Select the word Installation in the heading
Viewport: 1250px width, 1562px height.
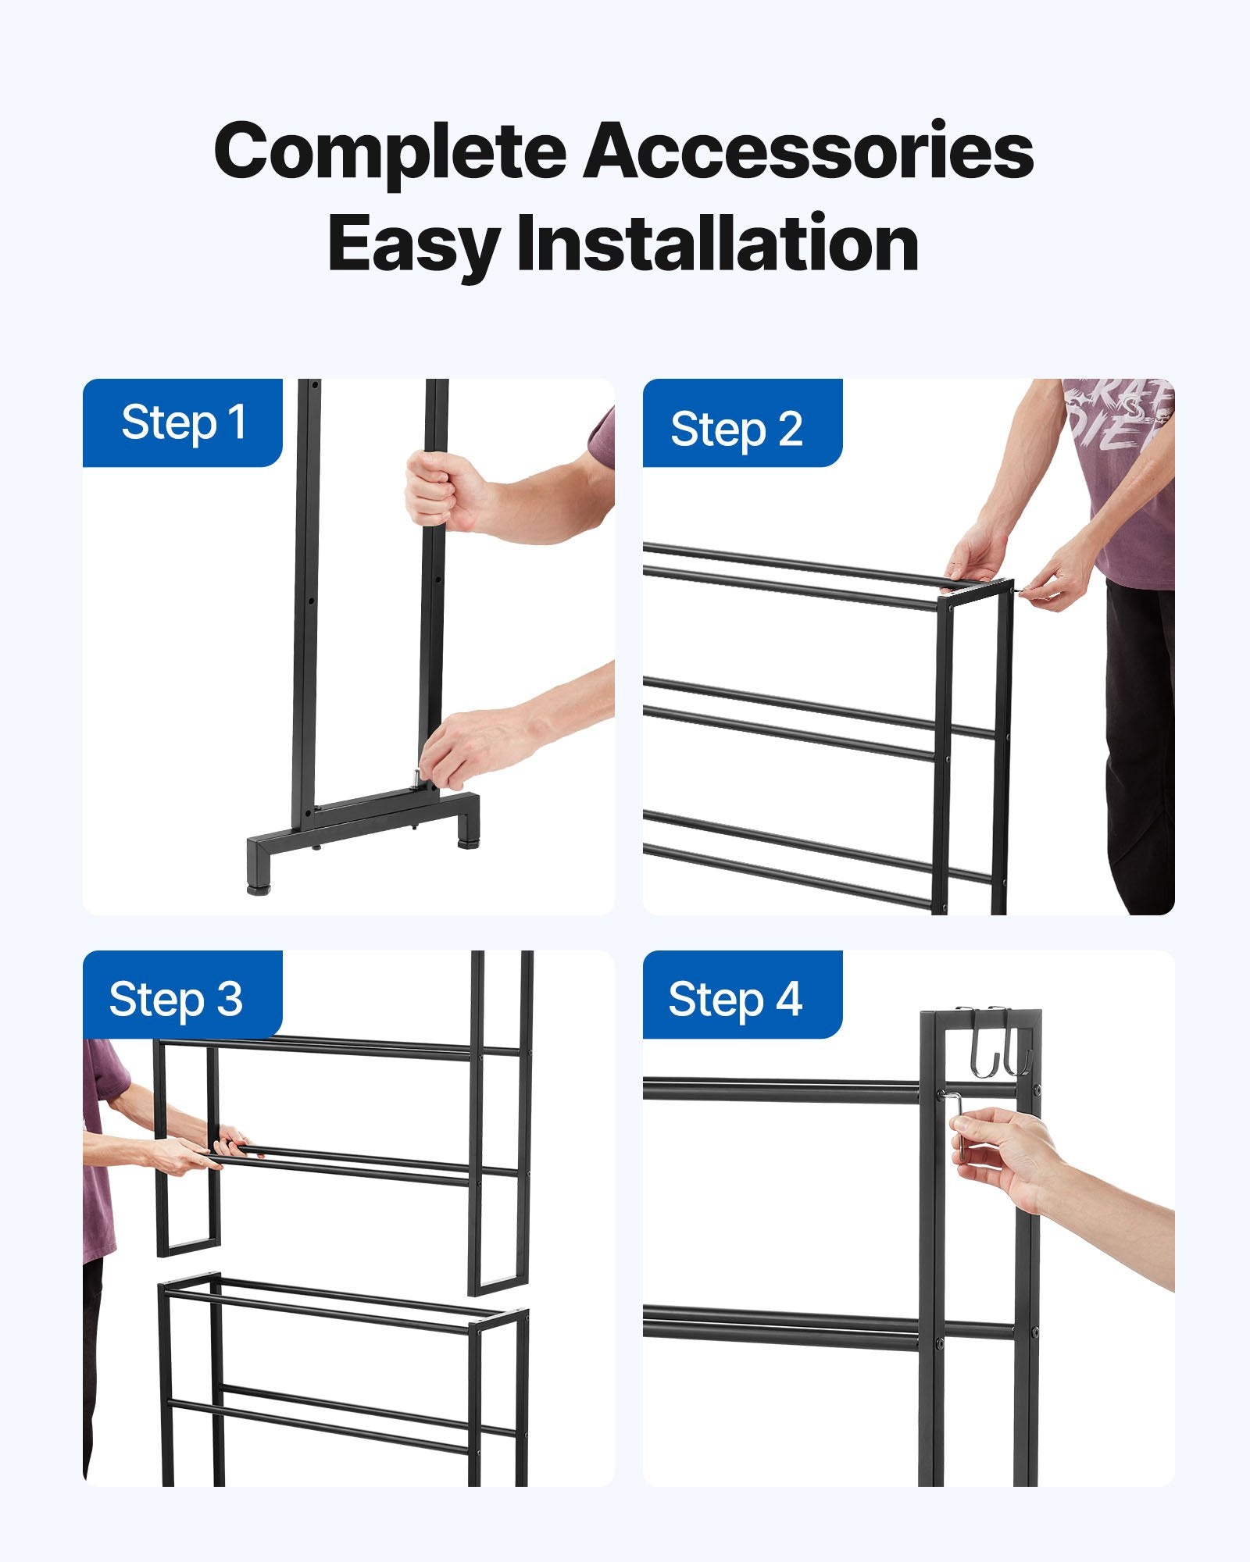(717, 244)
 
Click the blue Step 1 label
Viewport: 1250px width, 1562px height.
(183, 423)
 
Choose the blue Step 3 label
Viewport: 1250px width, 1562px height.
(177, 999)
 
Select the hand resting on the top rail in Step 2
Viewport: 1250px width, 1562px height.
(977, 555)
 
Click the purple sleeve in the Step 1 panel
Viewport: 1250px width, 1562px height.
(603, 437)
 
